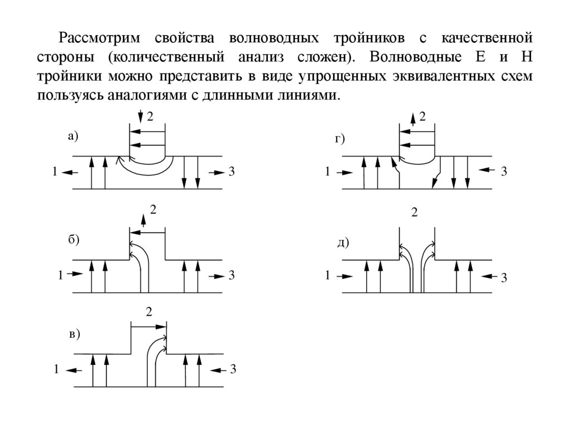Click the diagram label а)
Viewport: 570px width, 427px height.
[x=73, y=135]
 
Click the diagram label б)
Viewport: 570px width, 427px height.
[x=74, y=239]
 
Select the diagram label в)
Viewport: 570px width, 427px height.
[x=74, y=334]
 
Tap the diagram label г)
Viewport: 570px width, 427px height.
[x=340, y=139]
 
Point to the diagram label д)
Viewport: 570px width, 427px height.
[x=343, y=242]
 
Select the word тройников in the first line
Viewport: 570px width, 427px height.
[x=365, y=39]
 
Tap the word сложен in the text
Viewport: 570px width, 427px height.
[x=320, y=57]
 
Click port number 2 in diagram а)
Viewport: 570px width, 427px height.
[x=149, y=116]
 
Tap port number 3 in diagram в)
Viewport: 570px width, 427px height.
[x=233, y=369]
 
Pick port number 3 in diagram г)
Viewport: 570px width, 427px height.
[x=504, y=171]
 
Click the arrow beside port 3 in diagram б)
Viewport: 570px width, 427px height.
[x=215, y=274]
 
